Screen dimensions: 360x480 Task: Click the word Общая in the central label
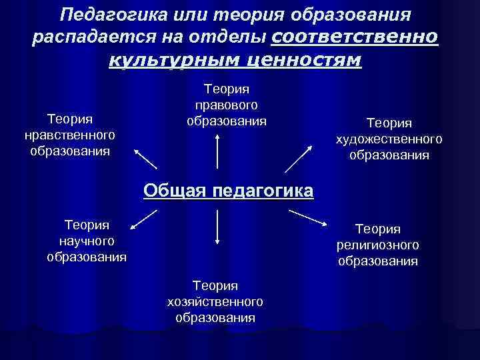tap(175, 191)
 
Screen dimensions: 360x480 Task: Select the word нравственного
tap(69, 135)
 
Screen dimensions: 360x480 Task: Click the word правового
tap(226, 105)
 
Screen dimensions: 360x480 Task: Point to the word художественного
tap(389, 139)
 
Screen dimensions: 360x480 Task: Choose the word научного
tap(87, 241)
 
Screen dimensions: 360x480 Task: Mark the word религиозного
tap(377, 245)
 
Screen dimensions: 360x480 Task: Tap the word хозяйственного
tap(215, 302)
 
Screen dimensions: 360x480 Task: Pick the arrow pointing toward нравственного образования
tap(146, 159)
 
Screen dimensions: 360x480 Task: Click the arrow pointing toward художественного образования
tap(300, 157)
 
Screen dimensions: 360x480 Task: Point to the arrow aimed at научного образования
tap(143, 221)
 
